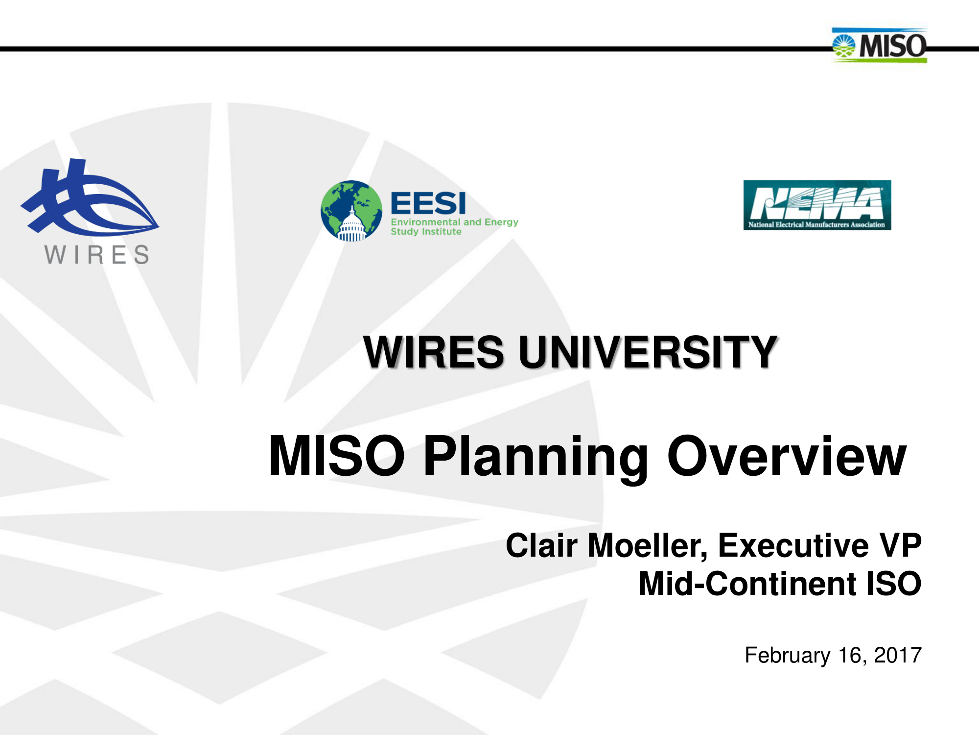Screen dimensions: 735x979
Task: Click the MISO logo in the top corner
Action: click(879, 45)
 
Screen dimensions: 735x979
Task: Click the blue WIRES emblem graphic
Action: click(88, 198)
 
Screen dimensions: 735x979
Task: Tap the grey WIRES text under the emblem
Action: click(97, 255)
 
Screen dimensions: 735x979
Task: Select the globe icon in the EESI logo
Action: click(351, 211)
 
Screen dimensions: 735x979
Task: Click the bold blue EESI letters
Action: click(428, 203)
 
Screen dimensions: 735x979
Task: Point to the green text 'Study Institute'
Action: click(426, 232)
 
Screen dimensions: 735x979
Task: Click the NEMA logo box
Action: click(816, 205)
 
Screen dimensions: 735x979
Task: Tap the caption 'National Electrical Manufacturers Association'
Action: click(816, 225)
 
